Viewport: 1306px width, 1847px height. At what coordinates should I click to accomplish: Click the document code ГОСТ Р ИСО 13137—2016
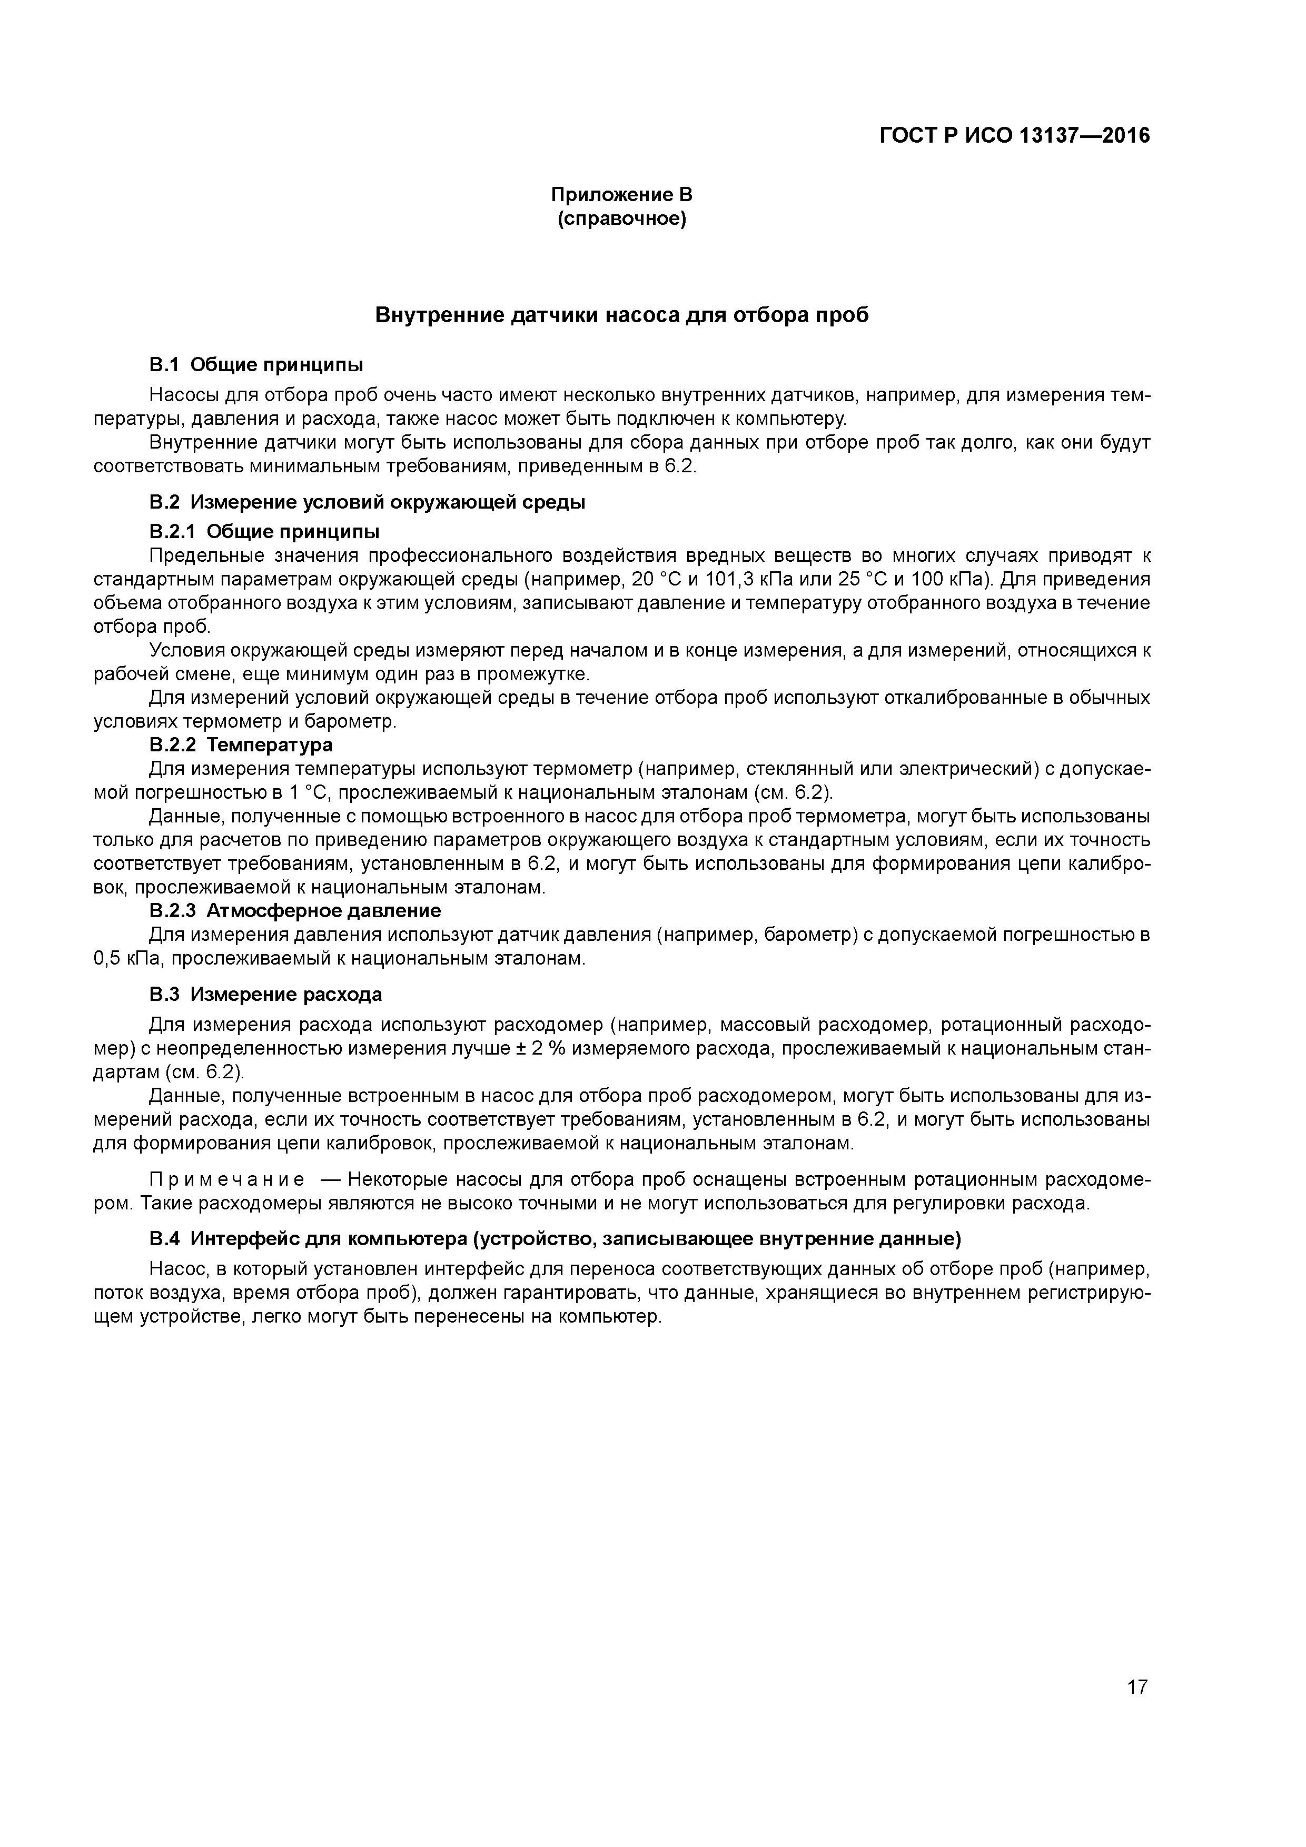coord(1014,136)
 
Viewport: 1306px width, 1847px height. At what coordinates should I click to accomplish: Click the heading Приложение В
coord(621,195)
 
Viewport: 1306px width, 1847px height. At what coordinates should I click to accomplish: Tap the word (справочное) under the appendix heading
coord(621,219)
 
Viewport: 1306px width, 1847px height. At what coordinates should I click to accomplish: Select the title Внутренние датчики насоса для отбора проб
coord(621,315)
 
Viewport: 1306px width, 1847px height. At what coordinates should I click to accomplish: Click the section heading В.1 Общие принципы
coord(256,365)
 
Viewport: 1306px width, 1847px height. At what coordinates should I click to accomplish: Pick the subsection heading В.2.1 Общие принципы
coord(264,532)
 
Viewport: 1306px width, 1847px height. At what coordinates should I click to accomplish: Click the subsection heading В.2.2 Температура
coord(241,745)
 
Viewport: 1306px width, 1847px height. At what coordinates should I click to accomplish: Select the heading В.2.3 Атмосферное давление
coord(294,911)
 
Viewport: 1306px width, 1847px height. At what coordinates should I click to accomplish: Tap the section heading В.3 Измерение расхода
coord(265,994)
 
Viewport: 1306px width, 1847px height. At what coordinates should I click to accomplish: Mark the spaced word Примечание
coord(227,1180)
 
